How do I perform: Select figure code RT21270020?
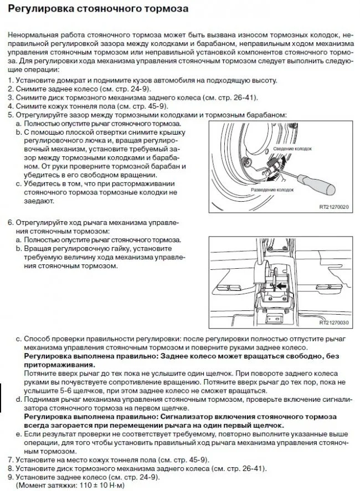coord(335,208)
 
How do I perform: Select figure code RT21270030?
coord(335,323)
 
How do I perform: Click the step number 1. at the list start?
coord(11,80)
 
